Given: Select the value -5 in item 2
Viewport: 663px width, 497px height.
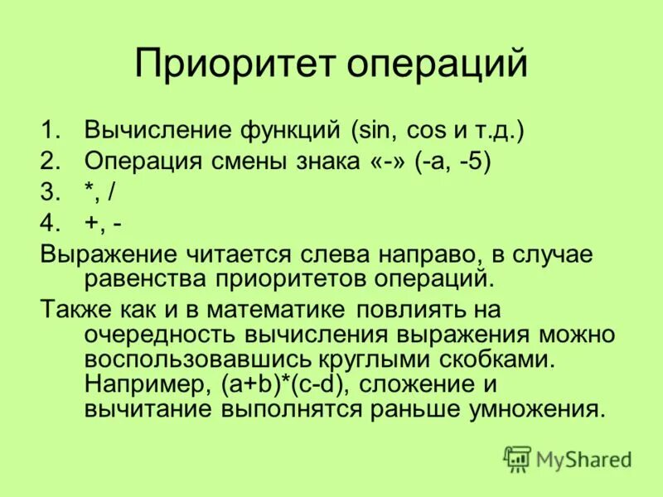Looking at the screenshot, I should (474, 162).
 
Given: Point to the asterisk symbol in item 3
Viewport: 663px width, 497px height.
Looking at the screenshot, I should (89, 191).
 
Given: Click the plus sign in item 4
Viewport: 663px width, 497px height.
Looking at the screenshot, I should (91, 224).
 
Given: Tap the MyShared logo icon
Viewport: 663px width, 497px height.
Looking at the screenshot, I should (518, 458).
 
